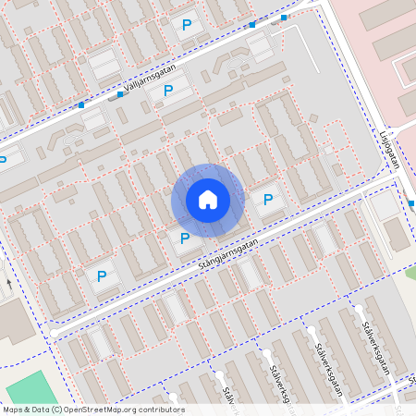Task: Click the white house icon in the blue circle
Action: (x=207, y=200)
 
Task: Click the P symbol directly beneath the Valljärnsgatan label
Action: (x=168, y=91)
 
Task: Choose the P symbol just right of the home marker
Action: (x=268, y=200)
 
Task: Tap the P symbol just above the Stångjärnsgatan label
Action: (x=185, y=239)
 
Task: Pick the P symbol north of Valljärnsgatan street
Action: (x=190, y=26)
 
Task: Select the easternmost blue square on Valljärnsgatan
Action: (x=284, y=18)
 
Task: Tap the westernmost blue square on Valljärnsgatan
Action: (x=81, y=106)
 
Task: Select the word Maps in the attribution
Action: (x=12, y=410)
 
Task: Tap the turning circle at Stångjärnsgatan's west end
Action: (x=55, y=330)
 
